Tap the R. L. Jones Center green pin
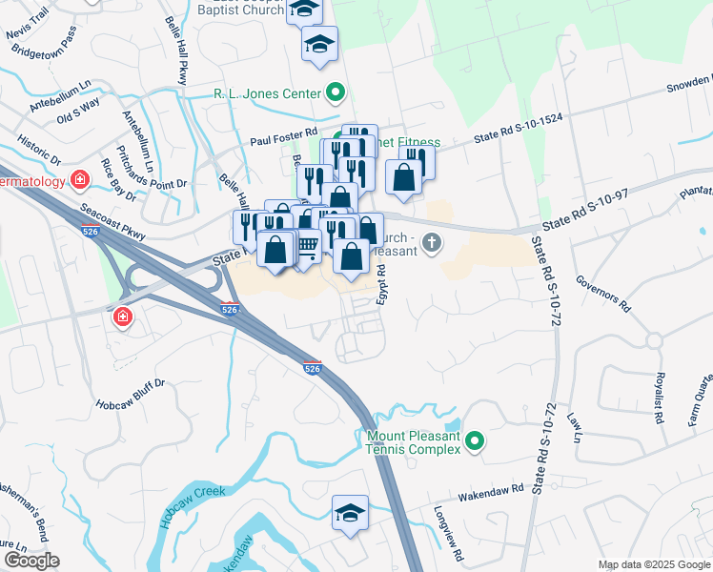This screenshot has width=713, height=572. click(x=335, y=93)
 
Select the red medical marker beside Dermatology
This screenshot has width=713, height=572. click(x=80, y=179)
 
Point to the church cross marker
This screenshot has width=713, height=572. click(x=432, y=242)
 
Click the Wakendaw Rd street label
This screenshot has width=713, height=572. click(x=492, y=490)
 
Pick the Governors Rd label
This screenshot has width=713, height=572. click(x=603, y=294)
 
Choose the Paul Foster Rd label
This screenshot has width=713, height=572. click(x=283, y=138)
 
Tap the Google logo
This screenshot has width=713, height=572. click(x=31, y=561)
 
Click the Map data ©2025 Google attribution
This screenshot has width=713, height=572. click(x=654, y=564)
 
